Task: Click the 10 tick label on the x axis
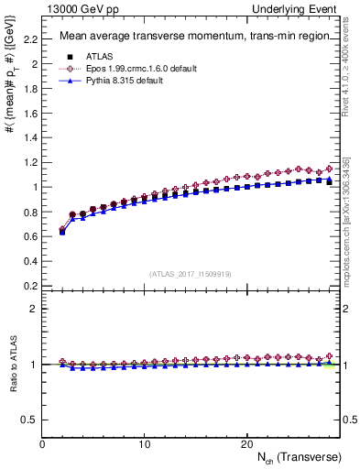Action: [x=144, y=444]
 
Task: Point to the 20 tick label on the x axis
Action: [x=245, y=444]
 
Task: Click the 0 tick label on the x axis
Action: [x=42, y=444]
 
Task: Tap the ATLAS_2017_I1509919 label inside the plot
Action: [x=191, y=272]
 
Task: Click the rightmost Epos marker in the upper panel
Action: [x=330, y=168]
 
